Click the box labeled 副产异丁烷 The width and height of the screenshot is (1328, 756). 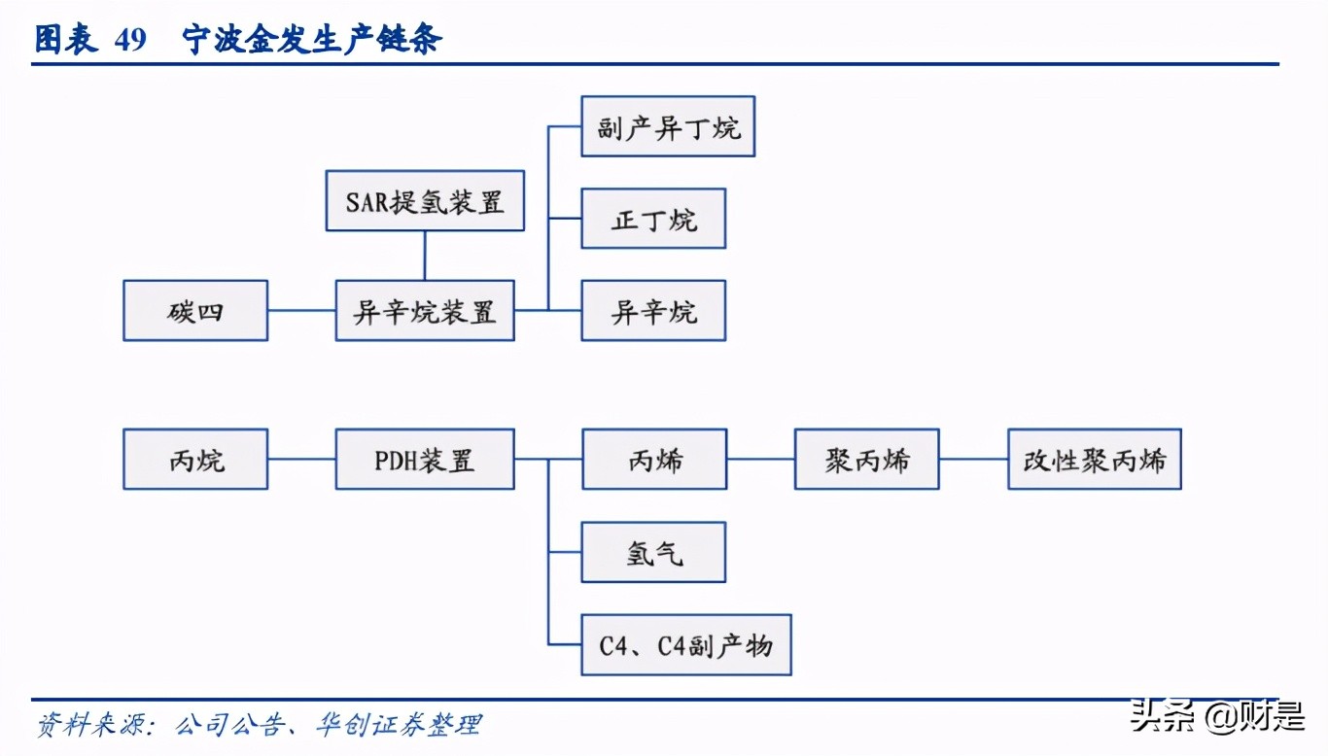coord(668,126)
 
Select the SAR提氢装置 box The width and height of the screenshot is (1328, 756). coord(425,201)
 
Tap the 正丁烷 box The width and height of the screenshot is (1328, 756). coord(653,219)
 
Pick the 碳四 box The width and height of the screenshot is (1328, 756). coord(195,311)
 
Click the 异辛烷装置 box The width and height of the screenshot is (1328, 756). coord(425,311)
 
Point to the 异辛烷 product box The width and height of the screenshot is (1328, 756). coord(653,311)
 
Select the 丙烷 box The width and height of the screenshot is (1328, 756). coord(195,459)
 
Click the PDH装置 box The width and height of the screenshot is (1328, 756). coord(425,459)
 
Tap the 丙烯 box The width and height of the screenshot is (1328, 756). coord(654,459)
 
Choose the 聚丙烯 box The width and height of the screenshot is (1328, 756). coord(867,459)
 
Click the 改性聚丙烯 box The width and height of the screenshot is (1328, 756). coord(1095,459)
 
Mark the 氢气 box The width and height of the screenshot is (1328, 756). coord(653,552)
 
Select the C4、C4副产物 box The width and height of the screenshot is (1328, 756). coord(686,644)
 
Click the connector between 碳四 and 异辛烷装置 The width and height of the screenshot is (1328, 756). coord(301,311)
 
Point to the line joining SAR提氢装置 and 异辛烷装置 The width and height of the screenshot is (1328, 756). coord(425,256)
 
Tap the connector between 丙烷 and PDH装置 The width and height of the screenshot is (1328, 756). coord(301,459)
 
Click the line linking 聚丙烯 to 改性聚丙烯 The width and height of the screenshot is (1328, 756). coord(973,459)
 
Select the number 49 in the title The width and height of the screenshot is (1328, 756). coord(129,40)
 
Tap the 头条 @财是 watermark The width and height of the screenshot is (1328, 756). coord(1216,718)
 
